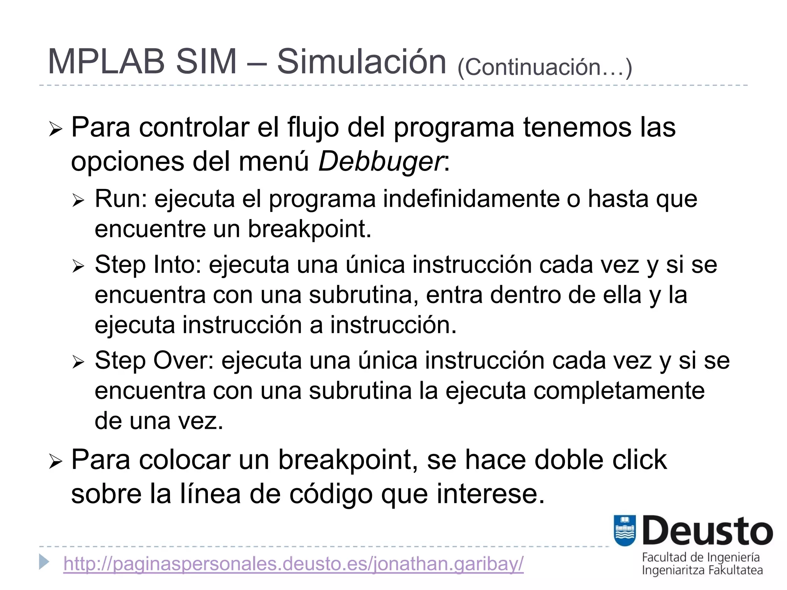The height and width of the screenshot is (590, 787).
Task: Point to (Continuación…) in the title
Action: (545, 67)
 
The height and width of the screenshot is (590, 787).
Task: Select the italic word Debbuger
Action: (381, 162)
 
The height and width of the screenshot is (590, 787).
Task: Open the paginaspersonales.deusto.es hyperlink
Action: (293, 564)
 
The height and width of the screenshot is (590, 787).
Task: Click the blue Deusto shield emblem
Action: (625, 530)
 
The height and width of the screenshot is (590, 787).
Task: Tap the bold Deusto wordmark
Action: (707, 531)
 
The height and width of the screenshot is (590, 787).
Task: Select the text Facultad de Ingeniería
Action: (701, 557)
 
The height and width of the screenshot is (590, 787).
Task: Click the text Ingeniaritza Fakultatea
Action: (702, 570)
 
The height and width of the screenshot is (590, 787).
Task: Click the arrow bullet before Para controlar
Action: (56, 129)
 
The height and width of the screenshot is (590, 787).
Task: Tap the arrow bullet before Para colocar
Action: (56, 462)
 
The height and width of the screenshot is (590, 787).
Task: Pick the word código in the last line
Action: (330, 494)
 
